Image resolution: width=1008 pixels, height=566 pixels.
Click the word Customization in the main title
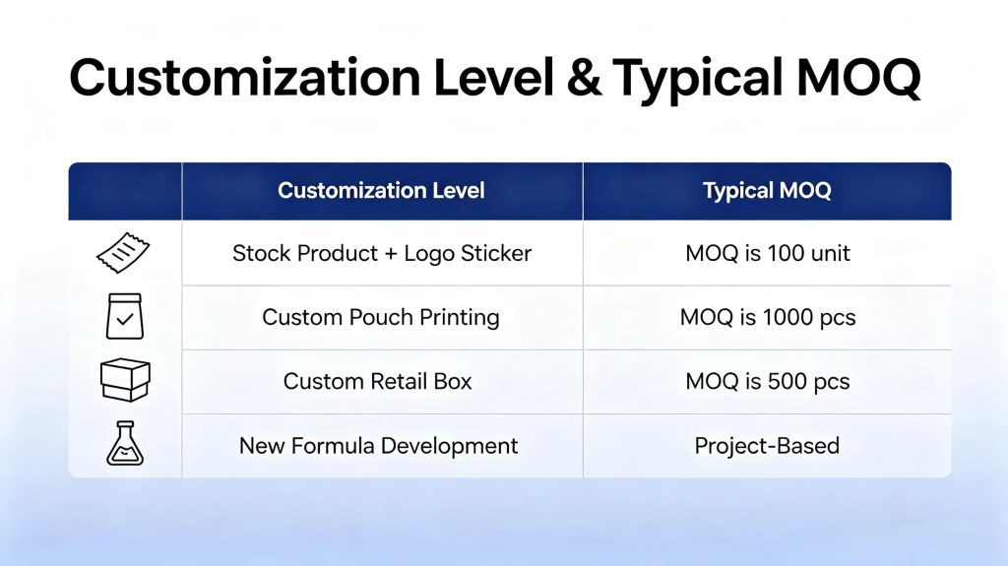tap(245, 77)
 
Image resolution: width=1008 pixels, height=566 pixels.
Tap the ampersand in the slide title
tap(584, 78)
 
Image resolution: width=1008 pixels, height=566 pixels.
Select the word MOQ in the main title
tap(858, 79)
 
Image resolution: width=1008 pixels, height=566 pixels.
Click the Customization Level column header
tap(381, 190)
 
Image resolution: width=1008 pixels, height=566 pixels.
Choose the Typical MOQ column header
tap(767, 190)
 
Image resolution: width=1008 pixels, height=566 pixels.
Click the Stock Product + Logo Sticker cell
tap(382, 253)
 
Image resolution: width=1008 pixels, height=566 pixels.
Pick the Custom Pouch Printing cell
tap(381, 317)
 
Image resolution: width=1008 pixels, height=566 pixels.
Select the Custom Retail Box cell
tap(377, 381)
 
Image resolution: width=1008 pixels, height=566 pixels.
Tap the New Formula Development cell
tap(378, 446)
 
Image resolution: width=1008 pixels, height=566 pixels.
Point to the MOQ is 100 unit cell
tap(768, 253)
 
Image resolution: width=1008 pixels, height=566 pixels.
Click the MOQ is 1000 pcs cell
tap(768, 317)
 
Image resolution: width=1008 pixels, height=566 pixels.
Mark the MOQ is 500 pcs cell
tap(768, 381)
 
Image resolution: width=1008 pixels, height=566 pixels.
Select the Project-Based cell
tap(767, 446)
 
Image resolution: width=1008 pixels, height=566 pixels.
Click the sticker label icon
tap(123, 253)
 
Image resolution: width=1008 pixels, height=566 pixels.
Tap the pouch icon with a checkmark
tap(125, 316)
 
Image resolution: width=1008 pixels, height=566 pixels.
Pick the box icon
tap(125, 380)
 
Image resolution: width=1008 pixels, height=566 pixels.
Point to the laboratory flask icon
tap(125, 443)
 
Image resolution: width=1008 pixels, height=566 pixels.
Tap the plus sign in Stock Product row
tap(391, 254)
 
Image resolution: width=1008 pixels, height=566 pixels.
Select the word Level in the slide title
tap(493, 77)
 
